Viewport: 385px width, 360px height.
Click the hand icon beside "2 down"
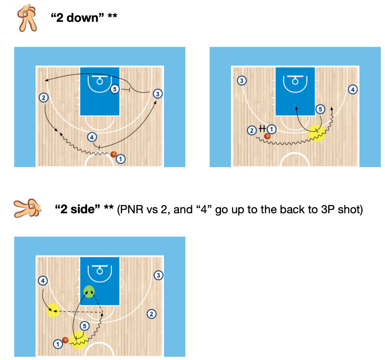(27, 18)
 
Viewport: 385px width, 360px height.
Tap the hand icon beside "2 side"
(28, 208)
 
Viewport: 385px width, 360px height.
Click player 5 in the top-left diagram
(115, 89)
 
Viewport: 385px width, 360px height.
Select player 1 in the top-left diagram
(121, 159)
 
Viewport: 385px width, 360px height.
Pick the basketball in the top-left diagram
(114, 154)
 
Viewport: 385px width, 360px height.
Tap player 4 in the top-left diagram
(92, 137)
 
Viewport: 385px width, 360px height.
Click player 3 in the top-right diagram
(242, 80)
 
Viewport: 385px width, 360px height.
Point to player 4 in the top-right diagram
(353, 89)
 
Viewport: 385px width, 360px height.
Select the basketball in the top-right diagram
(267, 136)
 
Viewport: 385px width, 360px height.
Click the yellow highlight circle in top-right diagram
(317, 133)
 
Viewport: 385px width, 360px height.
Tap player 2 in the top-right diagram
(252, 130)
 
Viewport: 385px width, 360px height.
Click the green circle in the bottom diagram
(89, 292)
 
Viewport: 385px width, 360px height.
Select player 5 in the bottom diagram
(85, 326)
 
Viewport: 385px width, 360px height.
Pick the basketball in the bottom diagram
(65, 340)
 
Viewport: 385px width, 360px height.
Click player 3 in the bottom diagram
(158, 275)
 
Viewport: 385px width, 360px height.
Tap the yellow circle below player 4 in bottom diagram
(53, 310)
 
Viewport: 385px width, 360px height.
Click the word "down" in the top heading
(82, 18)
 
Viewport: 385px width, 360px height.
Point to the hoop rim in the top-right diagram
(295, 82)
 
